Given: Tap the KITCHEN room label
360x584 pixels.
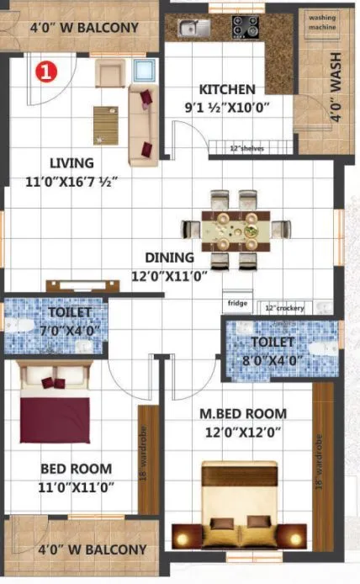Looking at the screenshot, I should click(x=226, y=89).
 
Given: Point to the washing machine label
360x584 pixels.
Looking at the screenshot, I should click(x=322, y=22).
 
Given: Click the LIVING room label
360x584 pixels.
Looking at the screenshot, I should click(x=71, y=163).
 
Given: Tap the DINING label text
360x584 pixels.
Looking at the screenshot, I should click(x=169, y=257).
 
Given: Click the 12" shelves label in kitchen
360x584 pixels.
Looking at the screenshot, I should click(x=246, y=149).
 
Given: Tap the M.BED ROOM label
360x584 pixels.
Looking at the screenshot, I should click(x=242, y=414).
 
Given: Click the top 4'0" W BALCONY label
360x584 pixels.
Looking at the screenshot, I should click(x=84, y=28).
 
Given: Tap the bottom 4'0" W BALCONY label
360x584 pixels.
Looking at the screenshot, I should click(x=93, y=549).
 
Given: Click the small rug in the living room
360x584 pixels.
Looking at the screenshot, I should click(x=106, y=125).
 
